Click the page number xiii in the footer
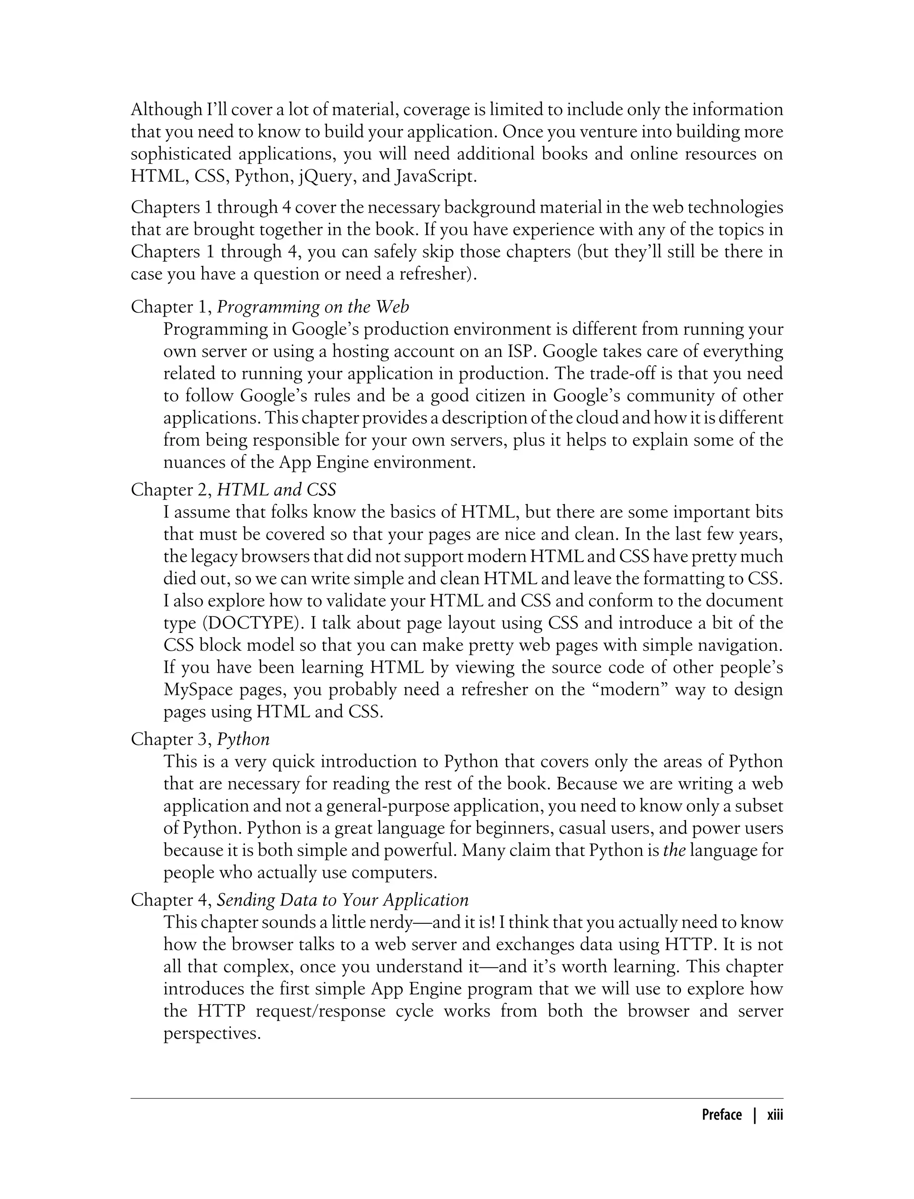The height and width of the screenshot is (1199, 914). click(x=775, y=1115)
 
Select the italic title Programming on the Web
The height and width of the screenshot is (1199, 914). click(x=313, y=307)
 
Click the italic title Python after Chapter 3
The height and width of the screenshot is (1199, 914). click(x=243, y=740)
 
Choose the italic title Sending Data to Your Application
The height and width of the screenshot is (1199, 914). click(x=343, y=900)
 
